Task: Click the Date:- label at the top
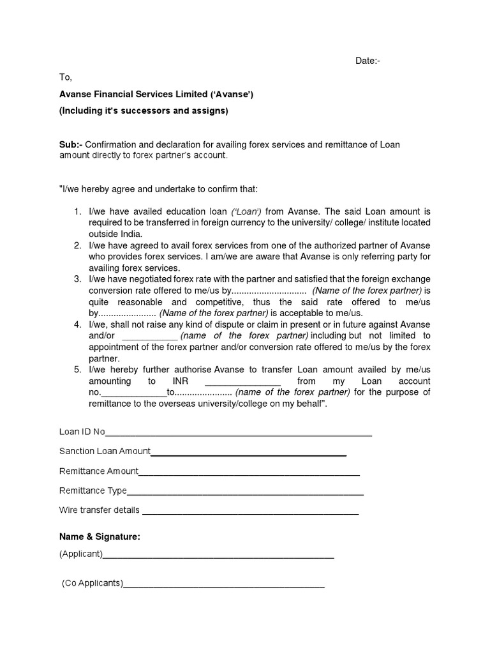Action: (x=367, y=61)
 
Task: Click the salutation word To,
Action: (x=66, y=77)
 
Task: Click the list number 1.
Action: (x=77, y=211)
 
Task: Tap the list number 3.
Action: (x=77, y=279)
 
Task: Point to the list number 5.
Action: (x=77, y=369)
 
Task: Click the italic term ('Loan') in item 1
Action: (x=246, y=211)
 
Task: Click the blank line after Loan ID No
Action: (x=238, y=434)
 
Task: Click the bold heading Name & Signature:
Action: (x=100, y=536)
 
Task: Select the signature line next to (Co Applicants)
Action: (x=224, y=584)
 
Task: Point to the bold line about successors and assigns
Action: (x=144, y=110)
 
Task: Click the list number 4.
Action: (x=77, y=324)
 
